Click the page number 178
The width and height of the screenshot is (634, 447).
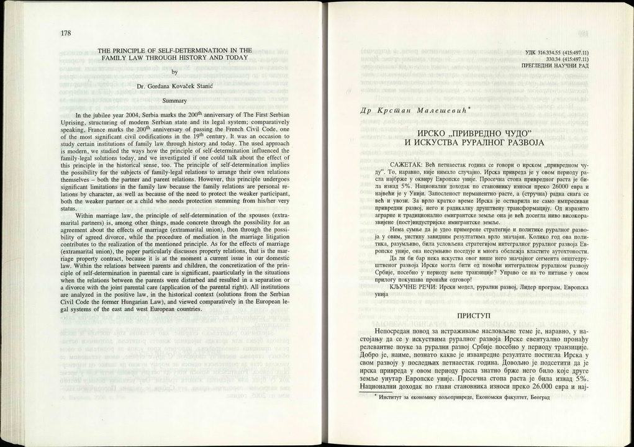click(66, 34)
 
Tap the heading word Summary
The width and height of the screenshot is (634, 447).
click(174, 99)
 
